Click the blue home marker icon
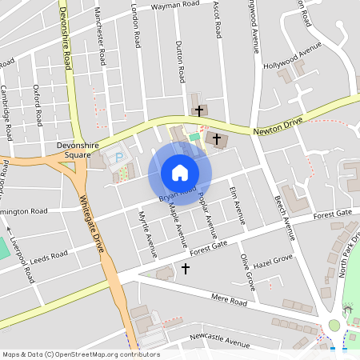tap(180, 172)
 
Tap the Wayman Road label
tap(175, 5)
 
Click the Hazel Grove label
tap(273, 262)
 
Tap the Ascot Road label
tap(217, 18)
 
